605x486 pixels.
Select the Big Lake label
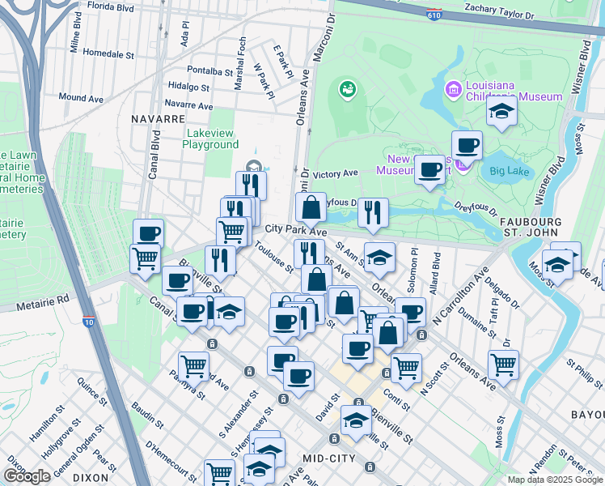point(508,171)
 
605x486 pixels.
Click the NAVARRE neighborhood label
point(158,118)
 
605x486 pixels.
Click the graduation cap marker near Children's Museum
point(501,113)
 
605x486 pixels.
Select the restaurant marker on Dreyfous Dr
point(373,212)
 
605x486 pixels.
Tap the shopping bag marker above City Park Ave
point(311,207)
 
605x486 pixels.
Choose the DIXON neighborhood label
point(91,478)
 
